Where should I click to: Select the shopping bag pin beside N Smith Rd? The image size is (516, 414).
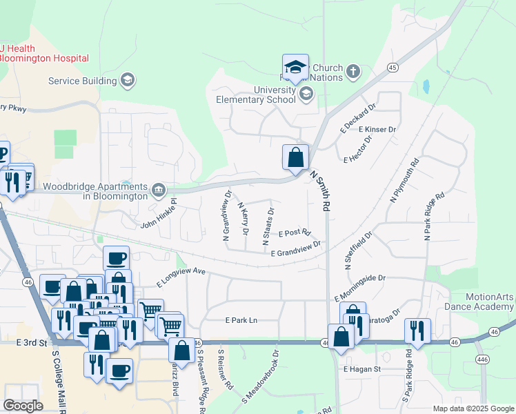point(295,158)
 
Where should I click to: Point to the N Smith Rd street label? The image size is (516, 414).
point(321,191)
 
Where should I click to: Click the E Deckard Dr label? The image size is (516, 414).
point(357,117)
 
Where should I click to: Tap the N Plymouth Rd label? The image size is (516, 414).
point(405,181)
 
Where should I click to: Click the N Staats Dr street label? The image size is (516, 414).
point(267,226)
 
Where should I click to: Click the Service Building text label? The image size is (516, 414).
point(82,81)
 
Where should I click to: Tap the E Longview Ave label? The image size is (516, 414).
point(181,276)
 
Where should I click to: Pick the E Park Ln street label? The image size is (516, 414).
point(241,320)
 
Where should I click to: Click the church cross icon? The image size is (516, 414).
point(353,71)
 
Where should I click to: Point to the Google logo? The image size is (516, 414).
point(23,406)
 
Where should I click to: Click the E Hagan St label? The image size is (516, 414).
point(362,369)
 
